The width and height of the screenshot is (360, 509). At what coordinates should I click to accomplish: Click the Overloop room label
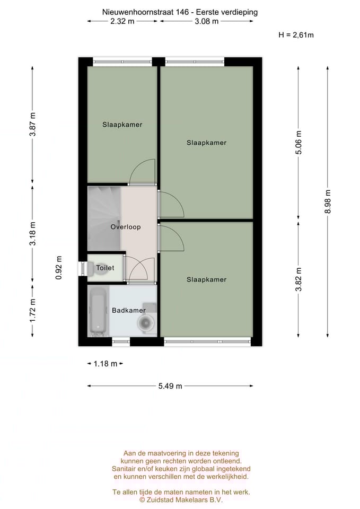pyautogui.click(x=126, y=227)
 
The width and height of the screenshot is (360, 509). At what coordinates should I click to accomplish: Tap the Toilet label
pyautogui.click(x=105, y=268)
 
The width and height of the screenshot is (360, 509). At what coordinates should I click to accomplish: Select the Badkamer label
pyautogui.click(x=128, y=310)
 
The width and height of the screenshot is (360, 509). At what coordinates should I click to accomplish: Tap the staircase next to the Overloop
pyautogui.click(x=103, y=217)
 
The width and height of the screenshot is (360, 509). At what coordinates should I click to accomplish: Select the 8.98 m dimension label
pyautogui.click(x=328, y=201)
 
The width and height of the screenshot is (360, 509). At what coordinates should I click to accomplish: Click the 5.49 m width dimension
pyautogui.click(x=170, y=386)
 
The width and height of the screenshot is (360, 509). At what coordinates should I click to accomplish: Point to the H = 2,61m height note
pyautogui.click(x=296, y=35)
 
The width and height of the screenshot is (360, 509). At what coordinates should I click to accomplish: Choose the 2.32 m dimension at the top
pyautogui.click(x=122, y=21)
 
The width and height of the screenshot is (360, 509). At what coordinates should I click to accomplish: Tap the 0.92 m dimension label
pyautogui.click(x=59, y=268)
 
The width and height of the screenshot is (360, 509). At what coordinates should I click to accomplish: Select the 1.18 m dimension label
pyautogui.click(x=105, y=364)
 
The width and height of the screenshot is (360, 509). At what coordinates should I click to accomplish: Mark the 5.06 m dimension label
pyautogui.click(x=298, y=142)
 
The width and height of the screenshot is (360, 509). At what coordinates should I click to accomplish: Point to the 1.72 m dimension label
pyautogui.click(x=33, y=311)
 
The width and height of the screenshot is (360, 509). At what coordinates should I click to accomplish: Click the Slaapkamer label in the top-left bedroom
pyautogui.click(x=122, y=125)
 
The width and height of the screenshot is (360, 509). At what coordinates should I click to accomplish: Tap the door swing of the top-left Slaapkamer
pyautogui.click(x=142, y=172)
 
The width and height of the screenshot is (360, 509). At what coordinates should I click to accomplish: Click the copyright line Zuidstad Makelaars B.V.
pyautogui.click(x=181, y=499)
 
